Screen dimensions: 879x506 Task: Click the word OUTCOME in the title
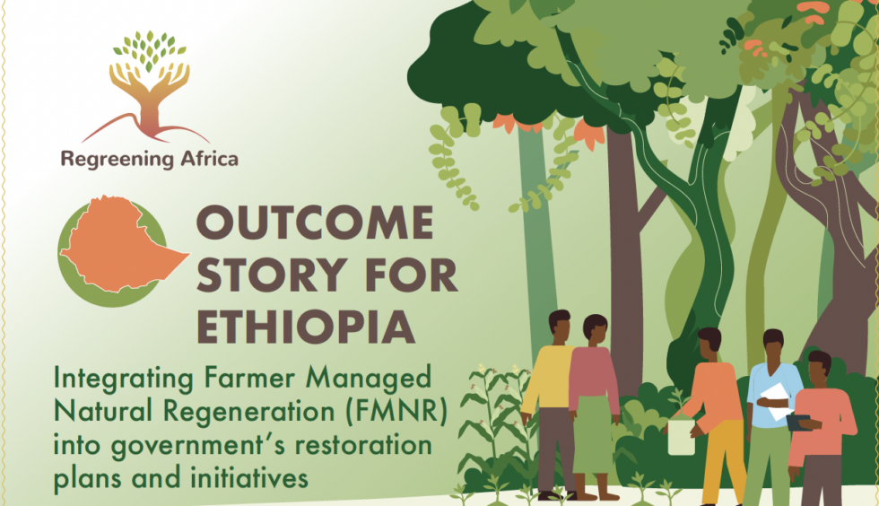tap(315, 223)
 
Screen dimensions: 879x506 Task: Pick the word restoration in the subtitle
tap(363, 445)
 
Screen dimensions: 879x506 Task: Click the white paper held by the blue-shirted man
tap(779, 401)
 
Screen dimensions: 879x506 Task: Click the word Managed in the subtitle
tap(369, 379)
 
